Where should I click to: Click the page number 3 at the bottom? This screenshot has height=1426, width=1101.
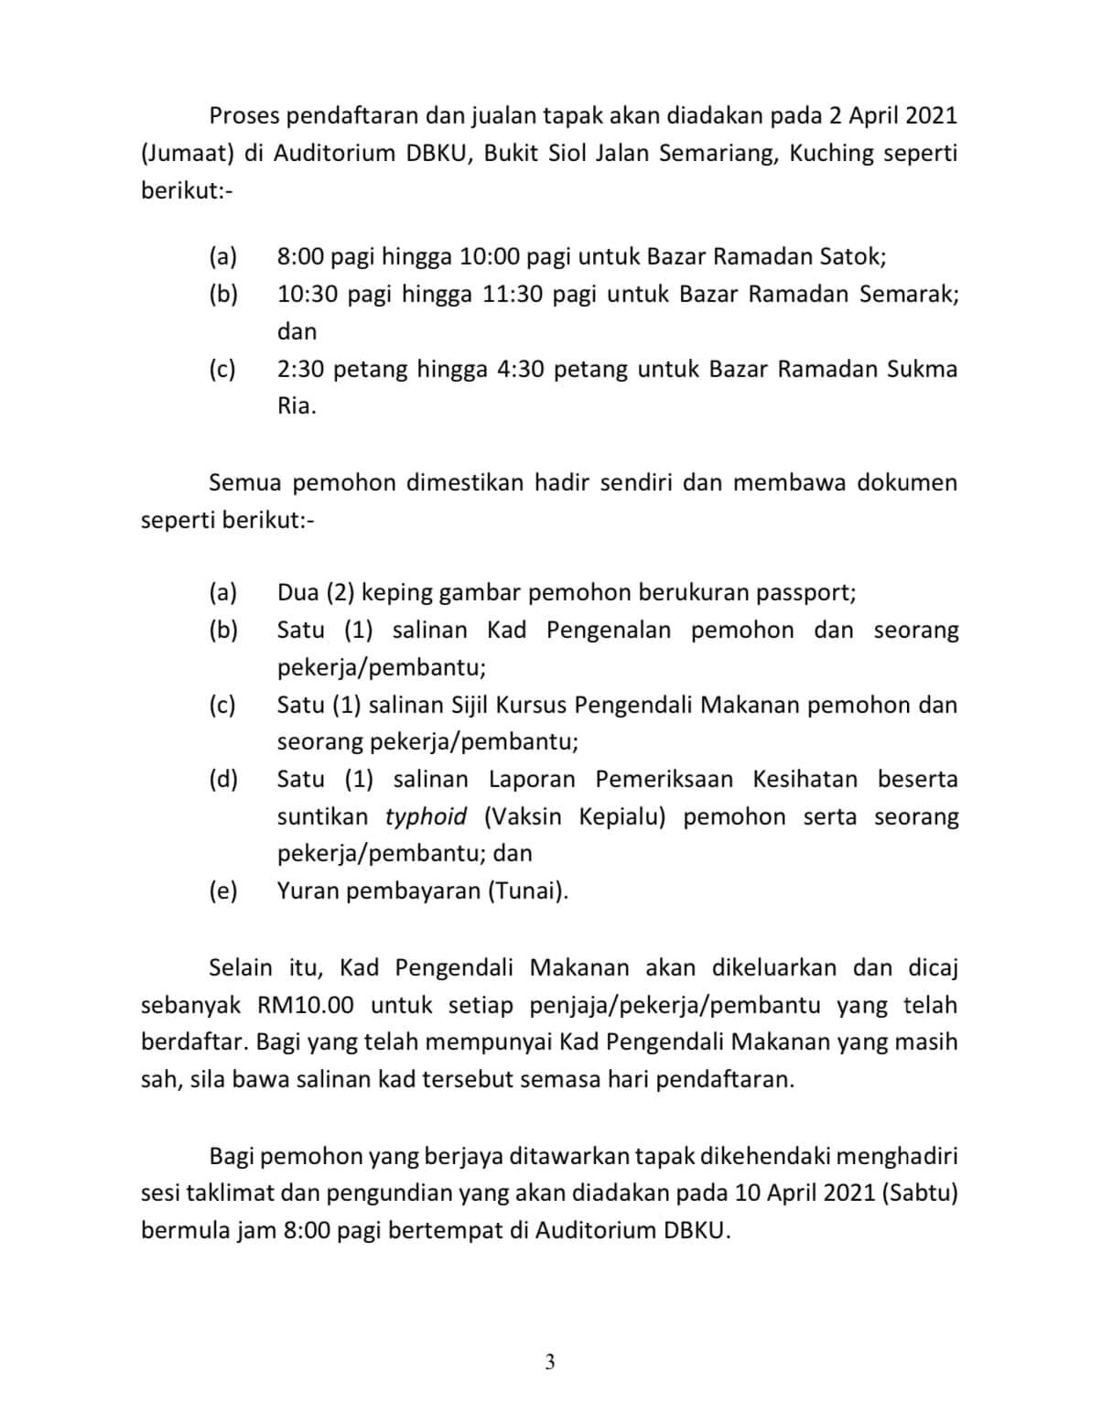pyautogui.click(x=549, y=1362)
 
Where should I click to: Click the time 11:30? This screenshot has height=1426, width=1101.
pyautogui.click(x=514, y=294)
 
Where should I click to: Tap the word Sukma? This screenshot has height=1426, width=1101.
pyautogui.click(x=922, y=369)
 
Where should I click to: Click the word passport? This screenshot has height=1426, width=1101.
pyautogui.click(x=805, y=592)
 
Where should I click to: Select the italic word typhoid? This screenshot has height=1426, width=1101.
pyautogui.click(x=426, y=816)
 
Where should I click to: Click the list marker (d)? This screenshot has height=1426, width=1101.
pyautogui.click(x=223, y=779)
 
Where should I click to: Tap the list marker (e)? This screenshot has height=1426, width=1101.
pyautogui.click(x=223, y=891)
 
